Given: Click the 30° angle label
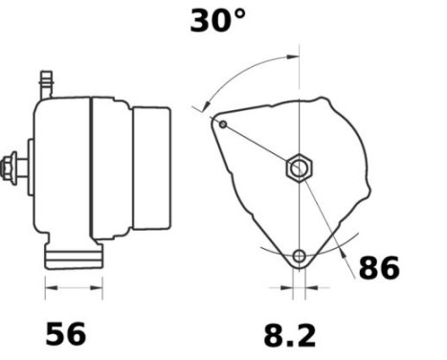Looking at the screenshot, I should [219, 21].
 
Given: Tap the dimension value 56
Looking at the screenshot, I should [66, 333].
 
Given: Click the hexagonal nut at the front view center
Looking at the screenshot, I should [299, 168].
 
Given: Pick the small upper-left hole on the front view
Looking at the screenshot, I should [223, 124].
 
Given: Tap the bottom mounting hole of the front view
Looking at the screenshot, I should [301, 256].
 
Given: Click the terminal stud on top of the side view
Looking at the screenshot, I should [45, 83].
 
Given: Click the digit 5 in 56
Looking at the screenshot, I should [56, 333].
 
